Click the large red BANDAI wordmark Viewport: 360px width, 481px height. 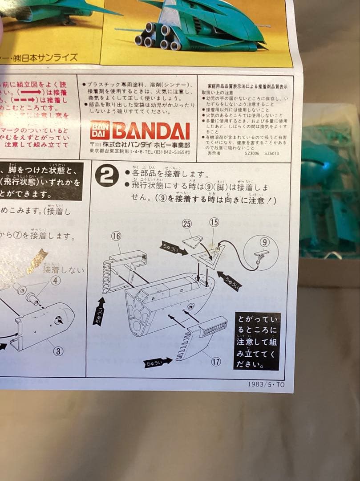click(151, 130)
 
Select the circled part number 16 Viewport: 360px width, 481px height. click(116, 237)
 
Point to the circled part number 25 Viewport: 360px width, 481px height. click(187, 224)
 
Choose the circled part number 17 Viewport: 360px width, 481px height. click(216, 362)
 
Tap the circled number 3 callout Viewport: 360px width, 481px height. click(58, 351)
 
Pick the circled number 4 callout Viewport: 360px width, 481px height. click(55, 281)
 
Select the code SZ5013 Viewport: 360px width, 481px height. click(271, 153)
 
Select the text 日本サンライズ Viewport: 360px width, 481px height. click(53, 57)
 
